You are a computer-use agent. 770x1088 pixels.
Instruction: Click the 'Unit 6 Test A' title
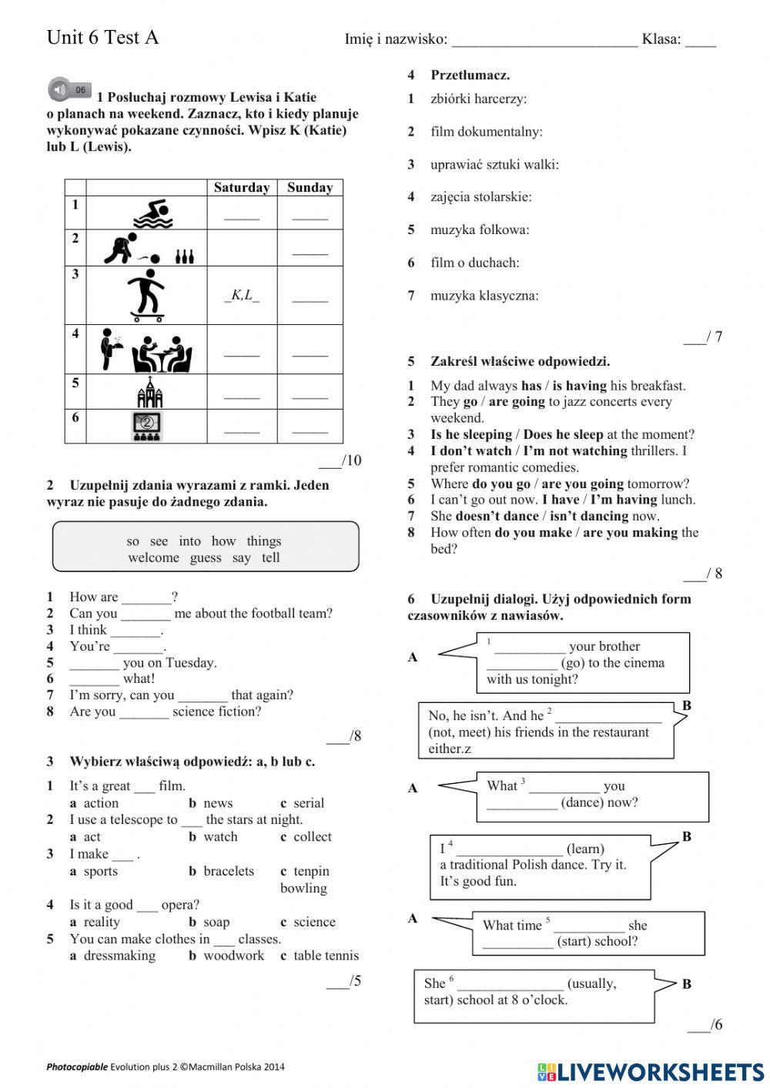pyautogui.click(x=102, y=38)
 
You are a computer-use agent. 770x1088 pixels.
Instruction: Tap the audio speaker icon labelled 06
pyautogui.click(x=69, y=90)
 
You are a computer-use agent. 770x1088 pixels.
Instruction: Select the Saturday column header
pyautogui.click(x=242, y=187)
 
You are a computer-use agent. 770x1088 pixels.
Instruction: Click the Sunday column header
pyautogui.click(x=310, y=187)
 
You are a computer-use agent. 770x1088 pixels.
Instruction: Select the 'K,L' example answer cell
pyautogui.click(x=242, y=295)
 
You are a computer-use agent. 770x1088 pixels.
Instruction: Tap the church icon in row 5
pyautogui.click(x=149, y=393)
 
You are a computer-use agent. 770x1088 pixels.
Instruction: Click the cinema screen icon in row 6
pyautogui.click(x=146, y=427)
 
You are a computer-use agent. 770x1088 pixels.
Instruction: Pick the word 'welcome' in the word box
pyautogui.click(x=153, y=557)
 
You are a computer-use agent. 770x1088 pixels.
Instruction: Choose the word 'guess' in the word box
pyautogui.click(x=206, y=557)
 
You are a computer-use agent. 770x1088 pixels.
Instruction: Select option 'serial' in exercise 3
pyautogui.click(x=308, y=802)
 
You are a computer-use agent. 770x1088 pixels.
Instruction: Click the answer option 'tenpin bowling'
pyautogui.click(x=310, y=879)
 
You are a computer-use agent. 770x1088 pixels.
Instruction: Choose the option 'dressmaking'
pyautogui.click(x=119, y=956)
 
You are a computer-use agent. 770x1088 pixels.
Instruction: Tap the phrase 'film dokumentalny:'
pyautogui.click(x=486, y=132)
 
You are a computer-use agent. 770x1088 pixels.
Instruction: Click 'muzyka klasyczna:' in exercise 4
pyautogui.click(x=484, y=296)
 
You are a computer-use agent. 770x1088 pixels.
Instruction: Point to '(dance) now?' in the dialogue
pyautogui.click(x=599, y=802)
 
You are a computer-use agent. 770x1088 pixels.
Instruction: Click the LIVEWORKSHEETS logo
pyautogui.click(x=651, y=1072)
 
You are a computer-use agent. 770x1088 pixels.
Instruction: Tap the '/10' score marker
pyautogui.click(x=340, y=460)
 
